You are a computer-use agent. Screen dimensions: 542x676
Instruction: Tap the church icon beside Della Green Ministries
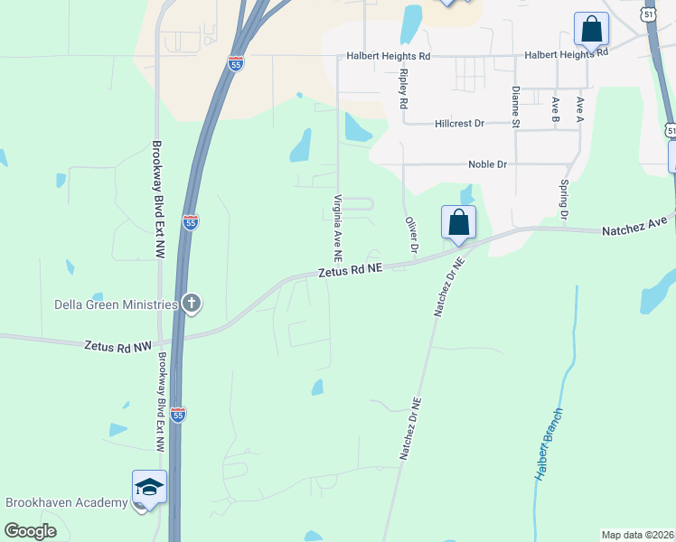coord(191,304)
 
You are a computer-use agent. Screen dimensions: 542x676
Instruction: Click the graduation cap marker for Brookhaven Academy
coord(149,489)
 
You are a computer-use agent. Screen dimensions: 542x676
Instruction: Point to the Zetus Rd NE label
coord(351,269)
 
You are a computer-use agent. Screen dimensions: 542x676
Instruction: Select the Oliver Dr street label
coord(412,234)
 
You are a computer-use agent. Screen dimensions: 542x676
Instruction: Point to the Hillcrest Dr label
coord(459,123)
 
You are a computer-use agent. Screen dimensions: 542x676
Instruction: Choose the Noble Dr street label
coord(487,164)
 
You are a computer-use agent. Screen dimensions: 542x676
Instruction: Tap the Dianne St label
coord(515,105)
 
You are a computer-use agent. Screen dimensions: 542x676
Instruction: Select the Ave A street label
coord(579,108)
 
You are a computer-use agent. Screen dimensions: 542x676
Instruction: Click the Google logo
coord(31,530)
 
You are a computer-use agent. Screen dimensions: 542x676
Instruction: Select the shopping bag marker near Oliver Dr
coord(458,222)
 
